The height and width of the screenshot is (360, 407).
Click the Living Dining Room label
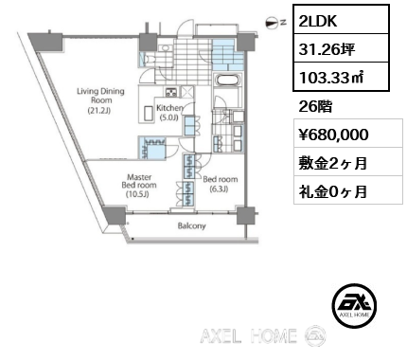pyautogui.click(x=95, y=98)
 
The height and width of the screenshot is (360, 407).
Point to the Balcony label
pyautogui.click(x=192, y=227)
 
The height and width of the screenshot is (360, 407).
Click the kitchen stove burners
pyautogui.click(x=171, y=92)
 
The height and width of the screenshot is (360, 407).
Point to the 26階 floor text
pyautogui.click(x=315, y=105)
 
